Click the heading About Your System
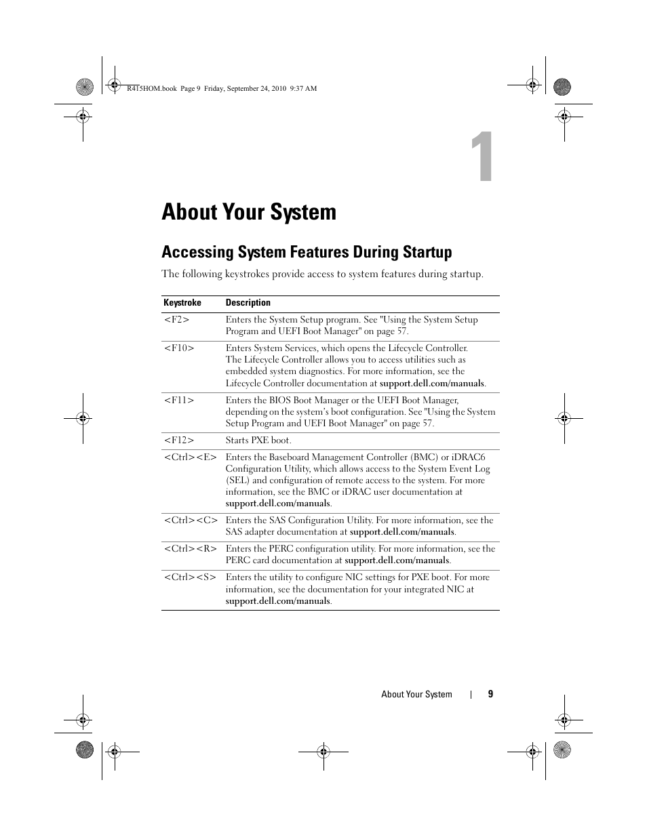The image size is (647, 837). (249, 212)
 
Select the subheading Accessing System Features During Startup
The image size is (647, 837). (307, 252)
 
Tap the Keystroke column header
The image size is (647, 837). (182, 303)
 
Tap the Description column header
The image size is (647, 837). (248, 303)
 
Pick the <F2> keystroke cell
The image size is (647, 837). (176, 320)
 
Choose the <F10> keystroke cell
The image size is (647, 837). (179, 348)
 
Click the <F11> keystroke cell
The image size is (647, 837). (179, 401)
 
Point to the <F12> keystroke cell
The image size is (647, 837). (179, 441)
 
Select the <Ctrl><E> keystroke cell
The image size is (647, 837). (191, 457)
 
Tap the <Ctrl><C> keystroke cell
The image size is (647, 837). (191, 520)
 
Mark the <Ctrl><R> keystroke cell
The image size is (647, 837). (191, 549)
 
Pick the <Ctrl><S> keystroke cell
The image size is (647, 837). (190, 577)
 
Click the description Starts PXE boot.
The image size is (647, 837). (258, 441)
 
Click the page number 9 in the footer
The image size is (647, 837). (490, 694)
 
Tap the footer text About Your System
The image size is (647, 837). (416, 694)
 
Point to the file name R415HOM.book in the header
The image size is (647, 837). (152, 89)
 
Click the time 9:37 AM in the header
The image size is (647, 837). (303, 89)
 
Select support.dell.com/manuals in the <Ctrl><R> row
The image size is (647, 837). (397, 560)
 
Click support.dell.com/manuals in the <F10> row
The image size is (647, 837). (432, 384)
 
